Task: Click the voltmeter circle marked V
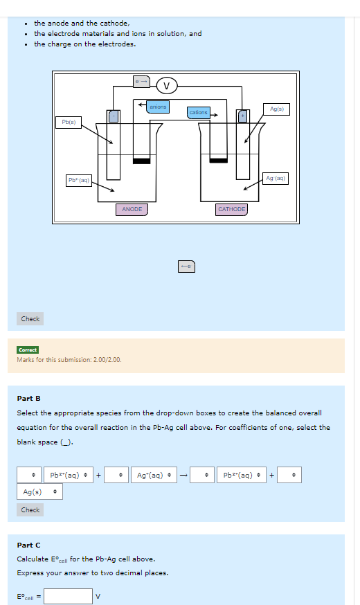coord(166,86)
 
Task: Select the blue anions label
coord(159,107)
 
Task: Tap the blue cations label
coord(199,112)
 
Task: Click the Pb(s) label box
coord(69,123)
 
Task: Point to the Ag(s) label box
coord(277,109)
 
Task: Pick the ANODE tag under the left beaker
coord(132,209)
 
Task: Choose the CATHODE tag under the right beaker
coord(231,209)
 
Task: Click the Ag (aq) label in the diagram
coord(276,179)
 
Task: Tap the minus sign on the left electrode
coord(113,116)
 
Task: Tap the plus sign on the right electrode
coord(242,116)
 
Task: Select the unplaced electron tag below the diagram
coord(186,266)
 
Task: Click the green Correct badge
coord(28,350)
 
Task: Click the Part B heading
coord(28,399)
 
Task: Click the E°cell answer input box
coord(69,596)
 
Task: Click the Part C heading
coord(28,545)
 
